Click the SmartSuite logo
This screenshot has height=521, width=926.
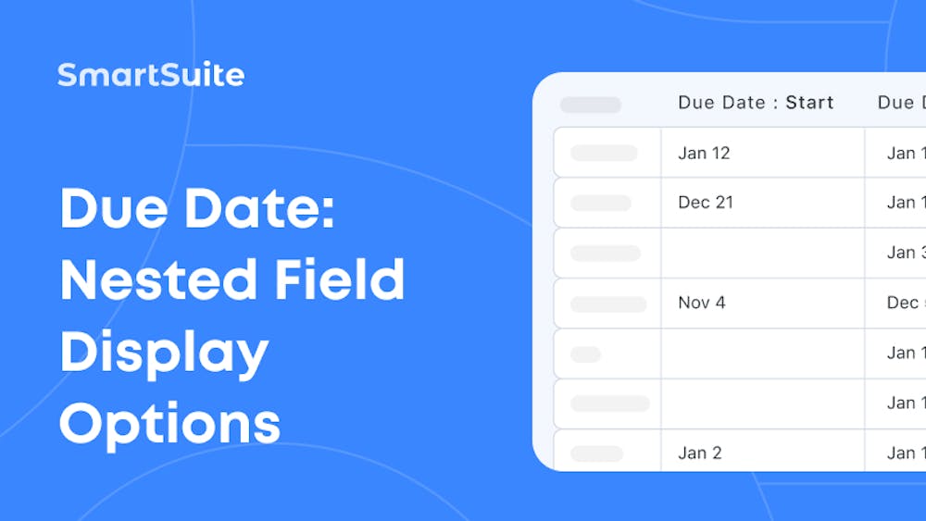point(151,75)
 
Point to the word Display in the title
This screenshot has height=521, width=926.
point(164,353)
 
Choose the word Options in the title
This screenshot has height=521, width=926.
point(169,423)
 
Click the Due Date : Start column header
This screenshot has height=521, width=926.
point(756,103)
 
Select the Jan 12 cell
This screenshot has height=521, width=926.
point(704,153)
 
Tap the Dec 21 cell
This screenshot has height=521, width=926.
point(706,203)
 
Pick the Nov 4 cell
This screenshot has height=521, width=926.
point(702,303)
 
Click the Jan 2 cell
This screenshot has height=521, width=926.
point(700,453)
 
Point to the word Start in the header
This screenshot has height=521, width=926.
point(810,103)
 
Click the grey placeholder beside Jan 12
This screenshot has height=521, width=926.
point(604,153)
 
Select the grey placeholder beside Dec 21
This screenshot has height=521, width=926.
point(601,203)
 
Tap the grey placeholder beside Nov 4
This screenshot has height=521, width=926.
point(608,304)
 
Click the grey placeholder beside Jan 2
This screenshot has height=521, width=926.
point(597,453)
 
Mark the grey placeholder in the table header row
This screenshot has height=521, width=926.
point(591,105)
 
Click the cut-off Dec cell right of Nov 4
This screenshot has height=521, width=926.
point(903,303)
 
